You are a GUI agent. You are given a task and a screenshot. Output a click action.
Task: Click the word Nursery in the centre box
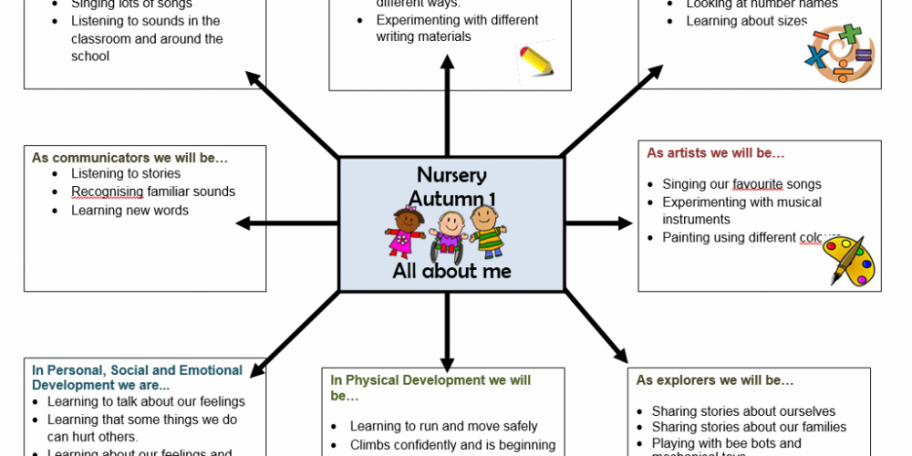pos(451,175)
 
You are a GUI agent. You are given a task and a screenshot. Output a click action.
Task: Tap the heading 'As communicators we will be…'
pos(130,158)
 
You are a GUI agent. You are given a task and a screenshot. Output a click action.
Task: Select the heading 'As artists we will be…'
pos(716,153)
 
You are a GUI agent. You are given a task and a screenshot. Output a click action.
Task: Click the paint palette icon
pos(848,260)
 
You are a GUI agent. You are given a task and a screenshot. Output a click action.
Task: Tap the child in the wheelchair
pos(448,236)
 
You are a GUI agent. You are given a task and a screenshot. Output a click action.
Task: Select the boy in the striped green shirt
pos(488,233)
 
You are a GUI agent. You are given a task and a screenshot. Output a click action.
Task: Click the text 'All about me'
pos(451,272)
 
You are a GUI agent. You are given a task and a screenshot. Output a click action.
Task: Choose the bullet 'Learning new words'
pos(130,211)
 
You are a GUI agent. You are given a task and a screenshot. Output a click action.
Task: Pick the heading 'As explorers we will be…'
pos(715,380)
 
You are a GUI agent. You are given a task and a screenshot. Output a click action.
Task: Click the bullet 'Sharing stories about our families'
pos(749,427)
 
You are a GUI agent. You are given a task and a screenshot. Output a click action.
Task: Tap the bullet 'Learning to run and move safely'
pos(444,426)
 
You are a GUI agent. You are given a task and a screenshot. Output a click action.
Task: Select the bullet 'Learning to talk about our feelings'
pos(146,401)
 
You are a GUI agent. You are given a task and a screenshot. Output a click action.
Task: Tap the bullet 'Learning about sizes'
pos(747,21)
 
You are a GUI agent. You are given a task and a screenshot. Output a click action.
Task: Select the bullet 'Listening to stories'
pos(126,173)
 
